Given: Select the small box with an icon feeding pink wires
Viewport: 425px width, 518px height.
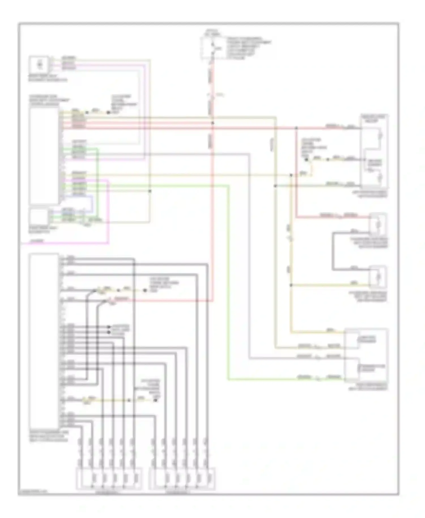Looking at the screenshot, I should click(x=39, y=64).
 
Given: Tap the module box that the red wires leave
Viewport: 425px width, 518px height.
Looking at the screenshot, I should click(x=44, y=156).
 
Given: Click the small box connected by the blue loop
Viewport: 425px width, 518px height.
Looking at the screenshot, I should click(x=39, y=217).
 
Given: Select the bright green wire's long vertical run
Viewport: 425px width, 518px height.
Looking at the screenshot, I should click(x=228, y=283).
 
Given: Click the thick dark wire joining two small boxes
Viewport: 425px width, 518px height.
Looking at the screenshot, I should click(x=333, y=251).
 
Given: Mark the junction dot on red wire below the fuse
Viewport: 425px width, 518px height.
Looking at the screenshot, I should click(x=212, y=123).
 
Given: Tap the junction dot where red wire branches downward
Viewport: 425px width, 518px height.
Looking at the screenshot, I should click(x=296, y=128).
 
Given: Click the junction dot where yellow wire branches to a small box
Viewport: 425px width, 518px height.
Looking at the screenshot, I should click(x=291, y=285).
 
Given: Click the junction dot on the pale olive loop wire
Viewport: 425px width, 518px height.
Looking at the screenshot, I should click(x=150, y=191).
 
